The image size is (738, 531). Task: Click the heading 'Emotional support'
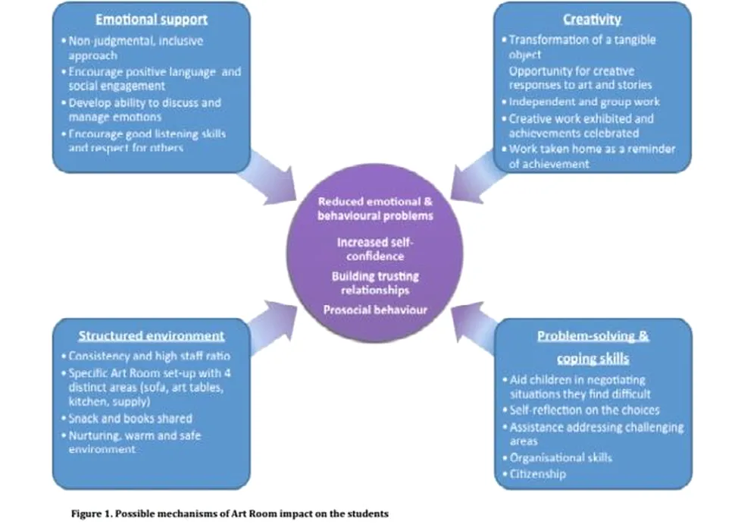151,18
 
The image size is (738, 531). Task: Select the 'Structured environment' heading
151,335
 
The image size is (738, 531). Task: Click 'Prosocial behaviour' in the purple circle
375,309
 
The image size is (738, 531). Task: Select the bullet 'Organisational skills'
560,457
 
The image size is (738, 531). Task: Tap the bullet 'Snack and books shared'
130,418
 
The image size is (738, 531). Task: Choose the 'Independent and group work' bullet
583,102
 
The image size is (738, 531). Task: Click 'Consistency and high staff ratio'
149,356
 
